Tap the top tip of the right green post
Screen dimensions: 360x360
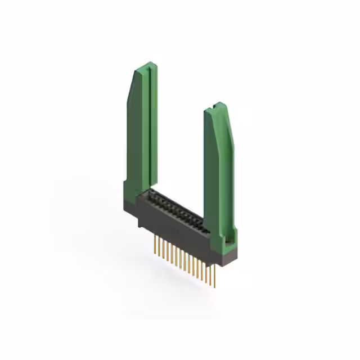point(217,105)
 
